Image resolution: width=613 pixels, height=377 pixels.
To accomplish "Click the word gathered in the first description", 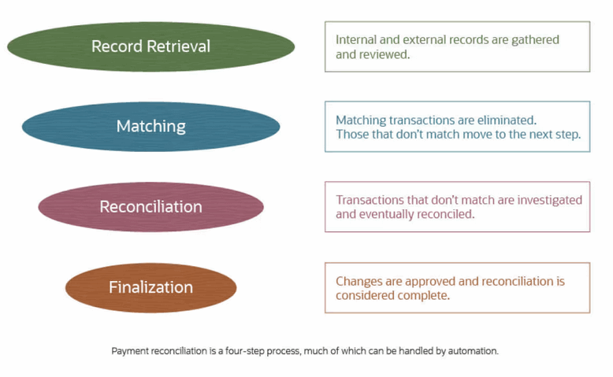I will coord(532,39).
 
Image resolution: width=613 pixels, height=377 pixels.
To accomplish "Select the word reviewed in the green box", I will coord(385,54).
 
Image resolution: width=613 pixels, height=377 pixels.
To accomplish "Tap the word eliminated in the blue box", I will coord(507,120).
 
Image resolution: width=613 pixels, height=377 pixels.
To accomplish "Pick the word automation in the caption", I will coord(470,351).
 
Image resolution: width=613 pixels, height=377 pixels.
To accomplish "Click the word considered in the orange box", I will coord(366,295).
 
